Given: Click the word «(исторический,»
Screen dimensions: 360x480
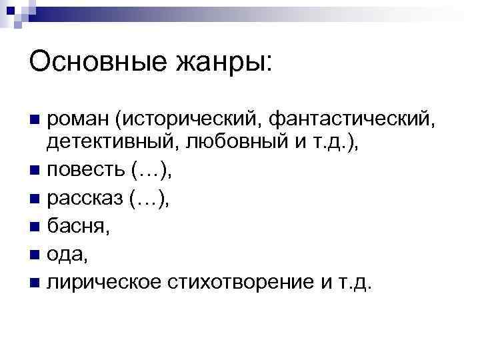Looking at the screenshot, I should [x=175, y=121].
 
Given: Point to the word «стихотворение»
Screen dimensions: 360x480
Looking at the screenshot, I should [x=235, y=282].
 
